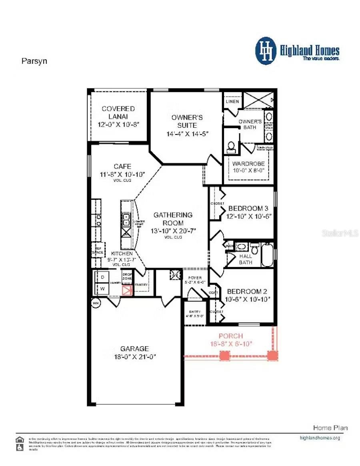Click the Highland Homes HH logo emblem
coord(266,51)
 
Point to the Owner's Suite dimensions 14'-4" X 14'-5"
coord(187,134)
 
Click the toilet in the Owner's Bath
coord(231,147)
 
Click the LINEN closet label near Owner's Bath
coord(232,101)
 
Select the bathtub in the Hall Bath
coord(267,255)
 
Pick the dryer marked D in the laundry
coord(102,277)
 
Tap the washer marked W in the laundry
coord(102,289)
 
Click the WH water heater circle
coord(96,303)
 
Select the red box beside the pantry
coord(127,290)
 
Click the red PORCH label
coord(230,336)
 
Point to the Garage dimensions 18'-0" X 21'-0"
coord(135,357)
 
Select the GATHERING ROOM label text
coord(173,219)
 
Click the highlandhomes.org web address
coord(320,438)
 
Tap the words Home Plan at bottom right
coord(330,428)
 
